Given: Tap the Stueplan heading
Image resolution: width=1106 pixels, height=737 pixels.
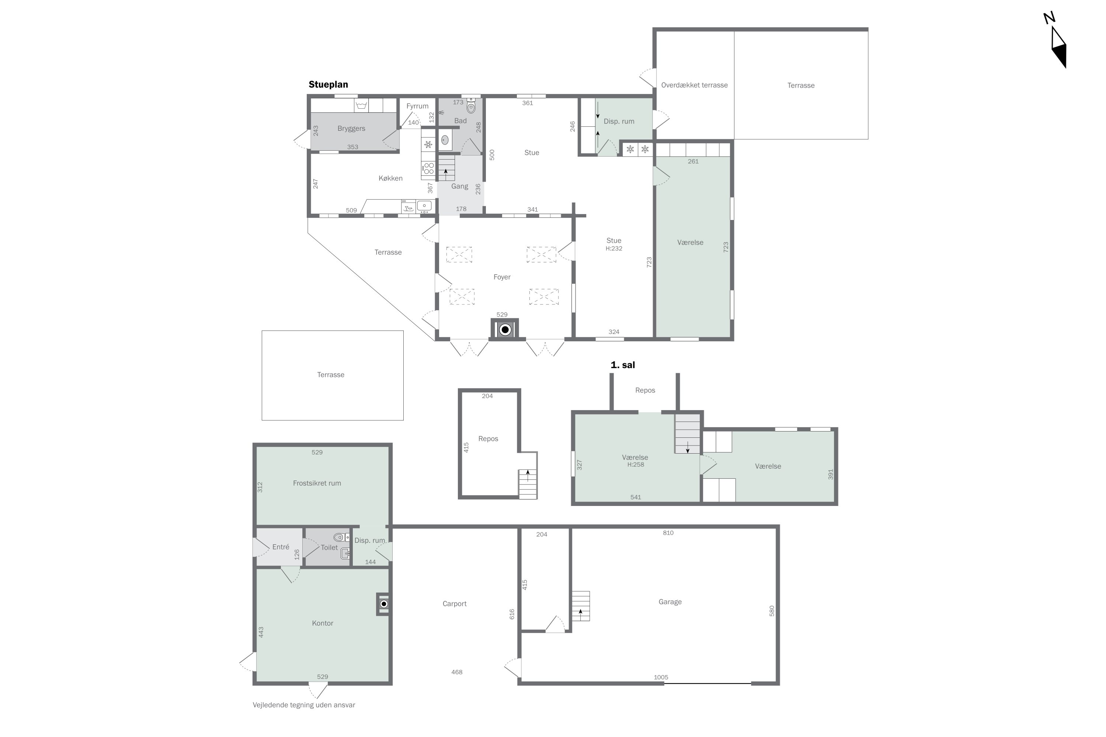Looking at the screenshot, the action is click(x=328, y=85).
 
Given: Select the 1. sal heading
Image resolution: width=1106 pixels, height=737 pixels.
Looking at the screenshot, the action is click(x=623, y=365).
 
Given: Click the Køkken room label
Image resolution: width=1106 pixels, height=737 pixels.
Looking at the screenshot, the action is click(x=390, y=178).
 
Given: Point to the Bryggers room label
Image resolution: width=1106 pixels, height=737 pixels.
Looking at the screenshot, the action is click(x=351, y=129).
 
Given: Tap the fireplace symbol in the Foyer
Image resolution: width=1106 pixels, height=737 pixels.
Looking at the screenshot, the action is click(x=505, y=329).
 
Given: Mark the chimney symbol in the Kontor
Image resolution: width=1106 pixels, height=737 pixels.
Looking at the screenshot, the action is click(x=383, y=604).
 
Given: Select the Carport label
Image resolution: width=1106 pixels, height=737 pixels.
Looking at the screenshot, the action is click(x=454, y=604).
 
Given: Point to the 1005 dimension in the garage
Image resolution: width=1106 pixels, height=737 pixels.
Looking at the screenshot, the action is click(x=661, y=677).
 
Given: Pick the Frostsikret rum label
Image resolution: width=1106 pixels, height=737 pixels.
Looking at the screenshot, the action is click(x=317, y=483).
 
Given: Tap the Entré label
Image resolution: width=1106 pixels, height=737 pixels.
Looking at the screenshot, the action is click(x=281, y=547).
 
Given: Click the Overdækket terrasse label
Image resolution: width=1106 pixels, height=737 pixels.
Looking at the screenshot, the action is click(x=694, y=85).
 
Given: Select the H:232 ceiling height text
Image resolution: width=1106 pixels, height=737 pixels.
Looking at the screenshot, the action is click(x=614, y=249).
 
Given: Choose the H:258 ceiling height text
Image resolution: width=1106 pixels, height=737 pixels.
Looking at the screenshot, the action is click(x=635, y=465).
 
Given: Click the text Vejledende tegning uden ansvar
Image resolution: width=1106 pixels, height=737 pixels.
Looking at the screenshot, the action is click(x=304, y=705).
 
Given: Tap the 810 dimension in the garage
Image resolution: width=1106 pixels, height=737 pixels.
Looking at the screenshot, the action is click(x=668, y=533).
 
